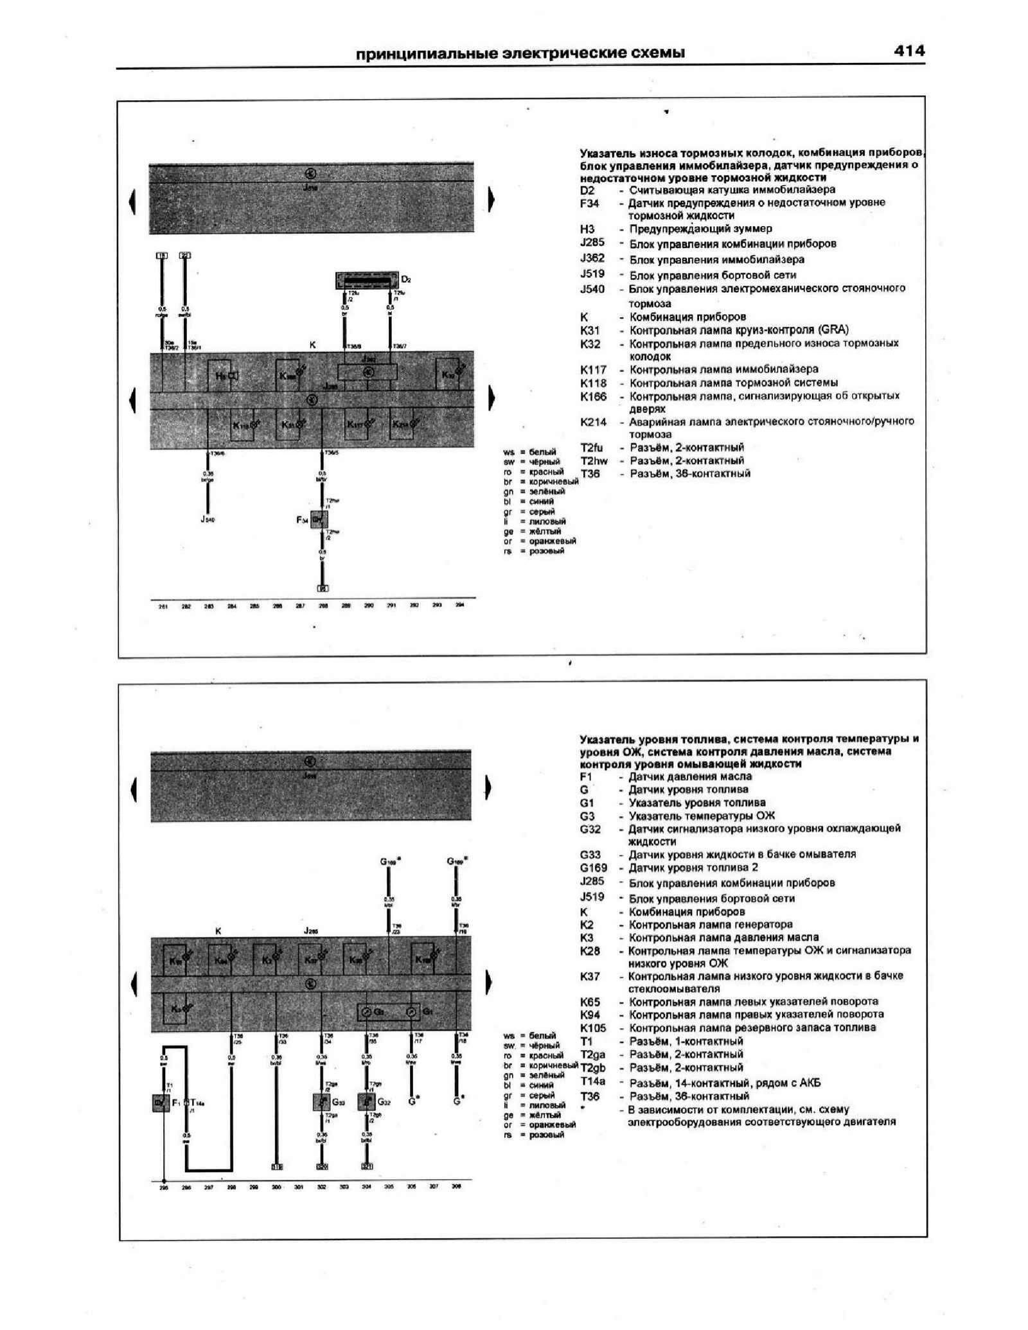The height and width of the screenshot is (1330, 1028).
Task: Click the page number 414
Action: [x=908, y=51]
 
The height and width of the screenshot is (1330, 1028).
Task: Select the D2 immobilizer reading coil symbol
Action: [x=367, y=281]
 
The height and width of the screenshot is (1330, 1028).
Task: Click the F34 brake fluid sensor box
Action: [x=318, y=519]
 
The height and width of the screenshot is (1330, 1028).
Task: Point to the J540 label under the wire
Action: [x=208, y=519]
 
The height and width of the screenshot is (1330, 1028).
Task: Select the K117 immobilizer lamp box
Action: [x=357, y=424]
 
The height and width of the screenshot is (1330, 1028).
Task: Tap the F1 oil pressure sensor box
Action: [x=161, y=1103]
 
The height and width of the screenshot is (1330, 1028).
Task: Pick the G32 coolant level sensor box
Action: [x=366, y=1103]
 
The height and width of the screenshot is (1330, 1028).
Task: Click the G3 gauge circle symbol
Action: [x=365, y=1012]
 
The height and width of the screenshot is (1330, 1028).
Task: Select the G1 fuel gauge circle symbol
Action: [x=411, y=1012]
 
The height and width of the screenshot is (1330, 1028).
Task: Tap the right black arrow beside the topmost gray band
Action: [x=491, y=200]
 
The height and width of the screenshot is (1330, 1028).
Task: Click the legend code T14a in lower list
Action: [x=592, y=1083]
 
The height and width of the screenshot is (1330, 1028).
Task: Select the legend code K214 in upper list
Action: [x=593, y=422]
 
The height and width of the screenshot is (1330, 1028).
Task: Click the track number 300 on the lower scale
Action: [x=276, y=1187]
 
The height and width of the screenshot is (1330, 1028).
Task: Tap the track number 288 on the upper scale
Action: [x=323, y=606]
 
